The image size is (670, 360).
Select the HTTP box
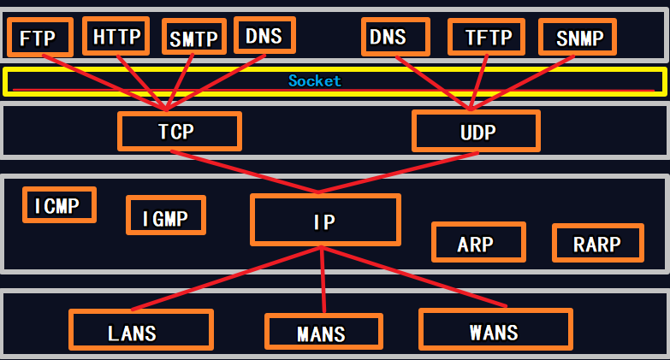[x=116, y=37]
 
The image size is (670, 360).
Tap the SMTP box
[x=193, y=38]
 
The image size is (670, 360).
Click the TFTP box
[x=487, y=38]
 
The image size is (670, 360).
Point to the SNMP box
[x=578, y=38]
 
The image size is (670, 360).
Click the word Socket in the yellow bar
[x=314, y=81]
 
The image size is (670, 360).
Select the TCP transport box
[x=179, y=132]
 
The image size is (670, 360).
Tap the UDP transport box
[x=476, y=132]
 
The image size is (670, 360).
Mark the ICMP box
[x=59, y=205]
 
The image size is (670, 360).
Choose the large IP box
[x=324, y=221]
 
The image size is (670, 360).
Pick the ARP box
[x=476, y=243]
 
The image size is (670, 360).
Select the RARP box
[x=596, y=243]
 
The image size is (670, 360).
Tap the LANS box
[x=140, y=331]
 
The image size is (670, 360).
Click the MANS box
[x=322, y=333]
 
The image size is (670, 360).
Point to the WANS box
[x=495, y=329]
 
